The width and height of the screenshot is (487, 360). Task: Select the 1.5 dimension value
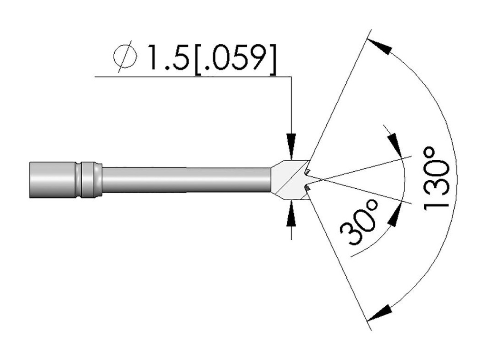coord(168,57)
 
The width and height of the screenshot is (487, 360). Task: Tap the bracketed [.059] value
coord(234,58)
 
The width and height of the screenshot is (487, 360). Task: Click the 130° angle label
coord(437,177)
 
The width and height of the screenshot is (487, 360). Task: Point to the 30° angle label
coord(360,222)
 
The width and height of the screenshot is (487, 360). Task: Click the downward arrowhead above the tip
coord(292,146)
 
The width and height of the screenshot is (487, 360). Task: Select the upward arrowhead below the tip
coord(292,214)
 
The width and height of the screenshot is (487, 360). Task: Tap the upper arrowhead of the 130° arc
coord(379,46)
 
